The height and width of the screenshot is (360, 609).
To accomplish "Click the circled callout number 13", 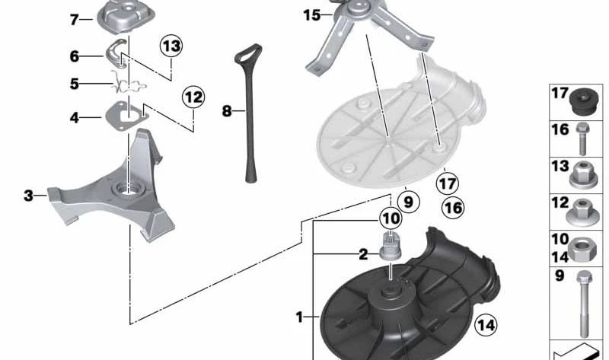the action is pyautogui.click(x=171, y=46).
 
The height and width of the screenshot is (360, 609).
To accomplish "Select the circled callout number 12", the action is pyautogui.click(x=193, y=97).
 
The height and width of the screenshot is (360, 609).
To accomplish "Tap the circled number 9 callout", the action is pyautogui.click(x=408, y=202).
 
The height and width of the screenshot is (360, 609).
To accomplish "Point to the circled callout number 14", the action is pyautogui.click(x=486, y=325).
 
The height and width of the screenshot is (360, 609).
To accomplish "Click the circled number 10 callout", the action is pyautogui.click(x=391, y=218).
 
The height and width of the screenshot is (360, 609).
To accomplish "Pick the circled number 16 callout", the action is pyautogui.click(x=453, y=208).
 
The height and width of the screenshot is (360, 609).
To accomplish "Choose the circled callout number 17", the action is pyautogui.click(x=447, y=183).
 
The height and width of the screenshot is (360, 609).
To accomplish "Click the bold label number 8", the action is pyautogui.click(x=227, y=111).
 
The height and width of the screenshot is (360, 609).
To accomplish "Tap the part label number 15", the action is pyautogui.click(x=312, y=15).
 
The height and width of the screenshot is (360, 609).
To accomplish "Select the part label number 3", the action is pyautogui.click(x=28, y=196).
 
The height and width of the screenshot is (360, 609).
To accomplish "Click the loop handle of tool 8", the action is pyautogui.click(x=247, y=53).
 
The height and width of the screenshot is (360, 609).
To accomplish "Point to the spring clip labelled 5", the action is pyautogui.click(x=126, y=84).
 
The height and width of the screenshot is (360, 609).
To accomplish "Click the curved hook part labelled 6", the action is pyautogui.click(x=118, y=54).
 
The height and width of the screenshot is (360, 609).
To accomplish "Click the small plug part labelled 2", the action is pyautogui.click(x=390, y=247).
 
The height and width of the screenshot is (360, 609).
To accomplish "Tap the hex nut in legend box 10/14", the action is pyautogui.click(x=582, y=249).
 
